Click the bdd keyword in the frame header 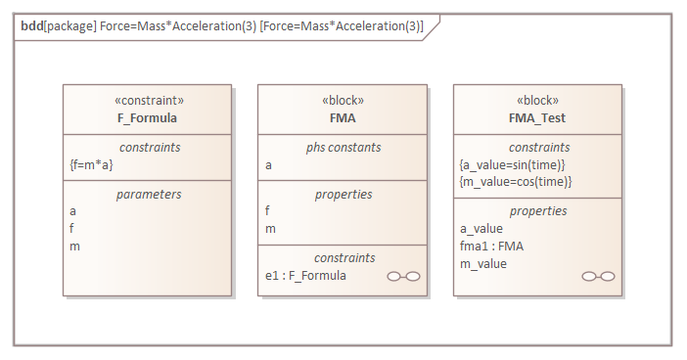pos(32,26)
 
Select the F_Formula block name pos(147,118)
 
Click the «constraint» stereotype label pos(147,101)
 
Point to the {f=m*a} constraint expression pos(91,164)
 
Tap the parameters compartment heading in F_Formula pos(147,194)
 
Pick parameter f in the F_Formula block pos(72,228)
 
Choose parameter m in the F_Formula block pos(74,246)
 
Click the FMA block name pos(342,118)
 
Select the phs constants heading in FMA pos(342,147)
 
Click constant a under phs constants pos(269,165)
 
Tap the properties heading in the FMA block pos(342,194)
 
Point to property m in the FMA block pos(270,228)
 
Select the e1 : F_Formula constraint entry pos(305,276)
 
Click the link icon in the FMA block pos(403,277)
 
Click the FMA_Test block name pos(537,118)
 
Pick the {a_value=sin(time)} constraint pos(513,164)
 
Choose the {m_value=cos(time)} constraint pos(515,182)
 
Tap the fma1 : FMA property pos(491,246)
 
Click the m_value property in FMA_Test pos(483,263)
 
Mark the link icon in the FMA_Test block pos(598,277)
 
